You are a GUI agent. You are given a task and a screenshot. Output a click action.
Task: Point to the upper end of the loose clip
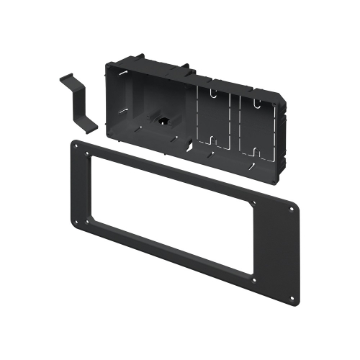pyautogui.click(x=63, y=77)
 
